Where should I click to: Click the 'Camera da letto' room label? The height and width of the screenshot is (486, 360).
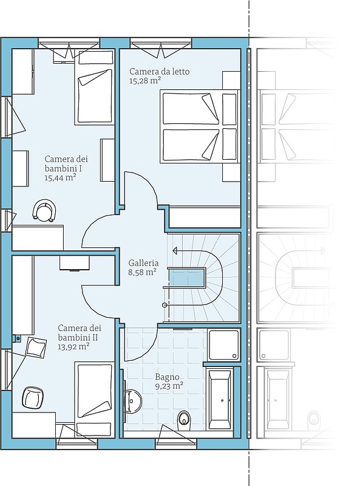(159, 71)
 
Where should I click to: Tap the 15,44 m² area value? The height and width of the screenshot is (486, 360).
(61, 177)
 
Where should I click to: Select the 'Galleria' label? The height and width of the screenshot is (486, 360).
(143, 263)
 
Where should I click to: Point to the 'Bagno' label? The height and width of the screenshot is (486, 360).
(168, 377)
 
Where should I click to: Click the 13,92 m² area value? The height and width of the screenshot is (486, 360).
(73, 346)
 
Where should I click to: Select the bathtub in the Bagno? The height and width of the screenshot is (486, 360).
(221, 399)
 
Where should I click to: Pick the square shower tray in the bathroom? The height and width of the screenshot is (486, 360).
(224, 345)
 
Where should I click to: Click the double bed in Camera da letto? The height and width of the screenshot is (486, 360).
(200, 126)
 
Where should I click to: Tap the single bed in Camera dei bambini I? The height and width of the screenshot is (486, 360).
(93, 87)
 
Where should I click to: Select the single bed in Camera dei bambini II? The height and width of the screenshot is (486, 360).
(94, 400)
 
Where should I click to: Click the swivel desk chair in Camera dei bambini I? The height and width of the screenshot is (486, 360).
(44, 210)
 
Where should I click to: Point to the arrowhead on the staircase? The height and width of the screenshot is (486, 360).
(175, 250)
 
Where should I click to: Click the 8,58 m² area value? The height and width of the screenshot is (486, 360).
(142, 272)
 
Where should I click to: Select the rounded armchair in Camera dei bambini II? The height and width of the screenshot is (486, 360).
(33, 398)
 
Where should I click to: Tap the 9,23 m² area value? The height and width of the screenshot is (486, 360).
(169, 386)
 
